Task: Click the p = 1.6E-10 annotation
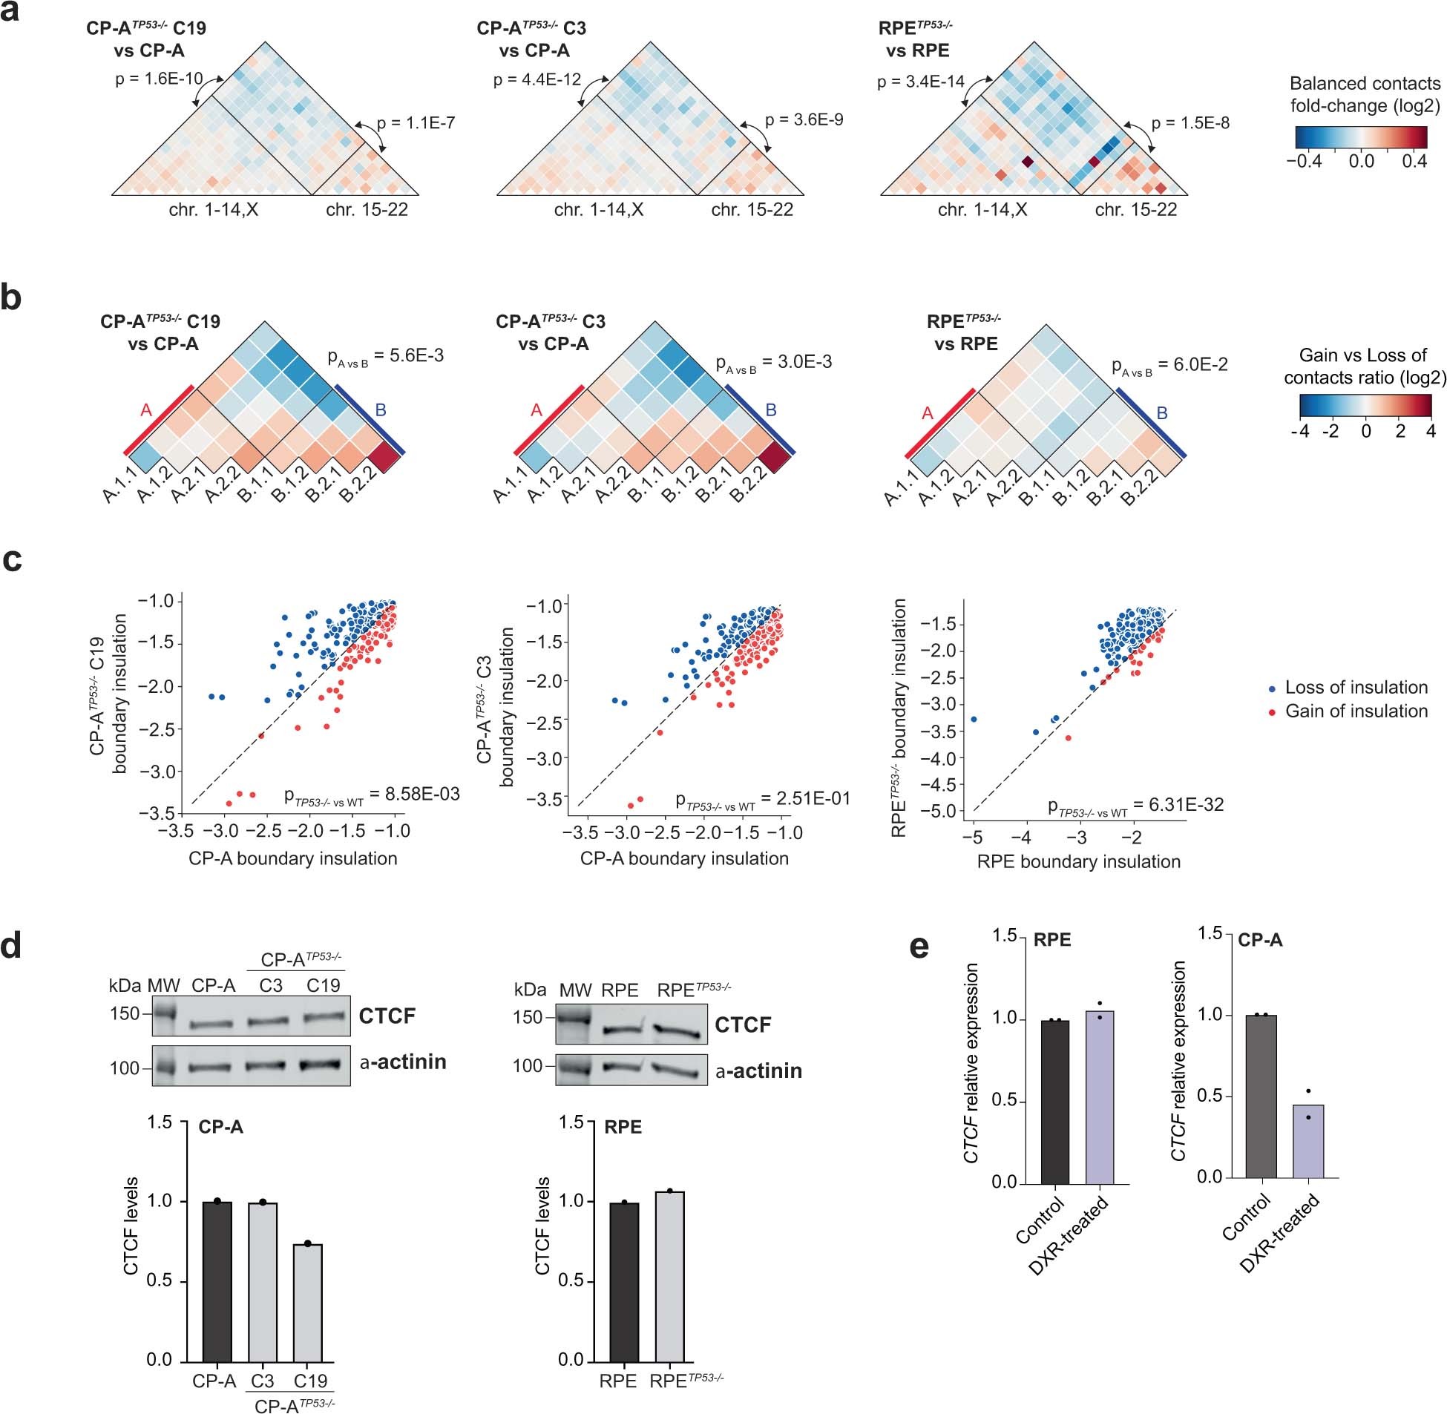(x=159, y=79)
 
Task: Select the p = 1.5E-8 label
(x=1190, y=123)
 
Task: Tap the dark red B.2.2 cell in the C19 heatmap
(x=385, y=455)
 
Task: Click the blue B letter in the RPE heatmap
(x=1162, y=413)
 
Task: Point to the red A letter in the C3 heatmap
(x=537, y=410)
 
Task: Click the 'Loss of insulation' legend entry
(x=1356, y=688)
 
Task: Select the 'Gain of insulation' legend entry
(x=1356, y=711)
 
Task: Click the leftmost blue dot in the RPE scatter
(x=974, y=719)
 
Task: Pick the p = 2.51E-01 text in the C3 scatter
(x=762, y=799)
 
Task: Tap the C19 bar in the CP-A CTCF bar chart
(x=307, y=1303)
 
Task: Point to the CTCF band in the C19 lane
(x=324, y=1017)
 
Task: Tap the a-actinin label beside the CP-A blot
(x=403, y=1062)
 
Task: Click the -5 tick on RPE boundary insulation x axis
(x=972, y=838)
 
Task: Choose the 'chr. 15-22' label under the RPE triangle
(x=1136, y=210)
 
